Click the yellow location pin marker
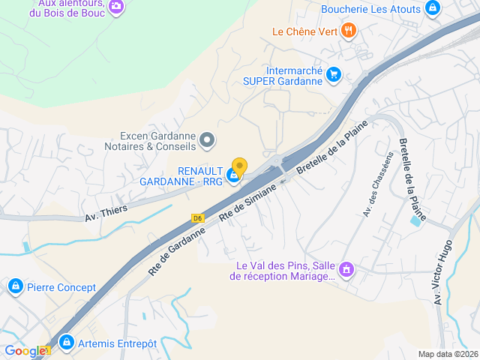click(239, 166)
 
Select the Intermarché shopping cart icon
click(334, 74)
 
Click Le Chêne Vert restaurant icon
click(348, 31)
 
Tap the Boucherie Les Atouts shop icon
click(432, 9)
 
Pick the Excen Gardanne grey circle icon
click(208, 139)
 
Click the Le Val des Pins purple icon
click(346, 268)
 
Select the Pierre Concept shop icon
click(15, 286)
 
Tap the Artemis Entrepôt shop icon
click(67, 343)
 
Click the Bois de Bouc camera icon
click(115, 7)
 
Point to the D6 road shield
click(198, 218)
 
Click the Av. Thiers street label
click(106, 213)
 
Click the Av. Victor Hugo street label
click(442, 271)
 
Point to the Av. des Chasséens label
click(377, 184)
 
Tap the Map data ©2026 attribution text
click(447, 354)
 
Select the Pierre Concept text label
click(61, 287)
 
